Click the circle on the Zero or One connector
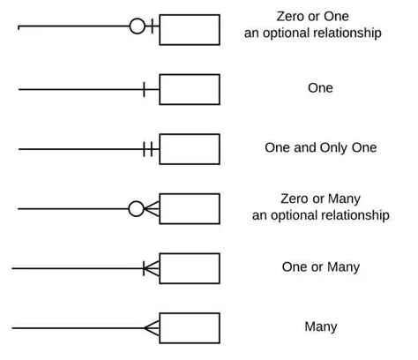[137, 26]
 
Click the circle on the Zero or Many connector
[136, 209]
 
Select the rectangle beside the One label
[190, 89]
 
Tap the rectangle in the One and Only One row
[190, 149]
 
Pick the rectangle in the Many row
[190, 327]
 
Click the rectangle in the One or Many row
[190, 267]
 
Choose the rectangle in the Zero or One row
[190, 29]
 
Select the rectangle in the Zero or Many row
[190, 209]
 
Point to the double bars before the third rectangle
[148, 149]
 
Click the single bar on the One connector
[145, 89]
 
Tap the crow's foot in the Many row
[152, 327]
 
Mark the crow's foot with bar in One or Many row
[150, 267]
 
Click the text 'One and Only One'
[320, 148]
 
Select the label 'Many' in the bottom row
[321, 327]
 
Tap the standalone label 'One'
[321, 88]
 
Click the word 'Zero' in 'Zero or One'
[291, 18]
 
